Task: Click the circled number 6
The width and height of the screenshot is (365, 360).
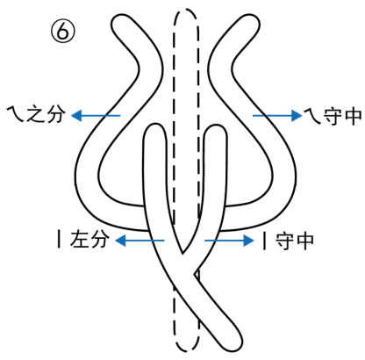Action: coord(63,32)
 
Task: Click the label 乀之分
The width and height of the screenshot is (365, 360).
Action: coord(36,114)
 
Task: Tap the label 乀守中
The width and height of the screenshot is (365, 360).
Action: coord(333,116)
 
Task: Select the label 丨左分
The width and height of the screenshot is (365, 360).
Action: coord(82,239)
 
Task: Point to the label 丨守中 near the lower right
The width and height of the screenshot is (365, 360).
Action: coord(288,241)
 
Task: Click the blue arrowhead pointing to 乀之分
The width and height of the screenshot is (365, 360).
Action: coord(76,115)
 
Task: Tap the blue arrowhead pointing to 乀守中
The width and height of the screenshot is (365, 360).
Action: coord(297,116)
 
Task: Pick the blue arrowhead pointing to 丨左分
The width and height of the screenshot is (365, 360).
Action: coord(120,241)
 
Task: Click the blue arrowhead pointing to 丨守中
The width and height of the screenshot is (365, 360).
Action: coord(248,241)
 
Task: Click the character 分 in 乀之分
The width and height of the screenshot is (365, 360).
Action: coord(56,114)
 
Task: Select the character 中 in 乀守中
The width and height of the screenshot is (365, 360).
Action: coord(354,116)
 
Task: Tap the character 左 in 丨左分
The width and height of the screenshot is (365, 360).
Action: coord(79,239)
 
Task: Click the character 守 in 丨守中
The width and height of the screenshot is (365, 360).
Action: coord(284,241)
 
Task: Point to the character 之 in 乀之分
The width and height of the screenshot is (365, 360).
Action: coord(36,114)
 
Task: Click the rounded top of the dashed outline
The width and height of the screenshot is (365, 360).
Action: coord(186,10)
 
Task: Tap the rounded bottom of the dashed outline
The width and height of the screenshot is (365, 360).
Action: coord(187,349)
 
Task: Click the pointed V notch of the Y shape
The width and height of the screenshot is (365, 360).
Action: coord(182,252)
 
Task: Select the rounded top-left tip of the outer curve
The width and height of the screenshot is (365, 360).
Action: coord(120,18)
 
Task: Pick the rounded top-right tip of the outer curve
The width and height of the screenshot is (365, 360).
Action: coord(251,18)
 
